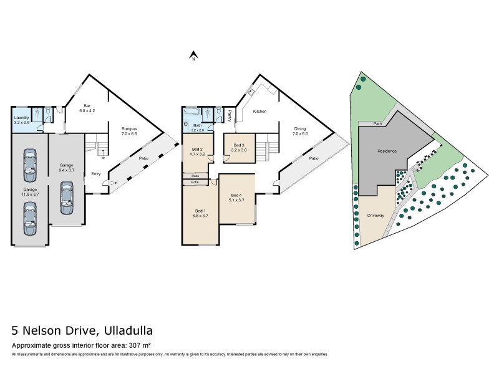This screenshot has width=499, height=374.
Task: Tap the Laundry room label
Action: pyautogui.click(x=22, y=118)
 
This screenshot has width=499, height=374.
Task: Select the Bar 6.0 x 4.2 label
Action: pyautogui.click(x=87, y=108)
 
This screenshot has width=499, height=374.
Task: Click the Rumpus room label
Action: pyautogui.click(x=129, y=131)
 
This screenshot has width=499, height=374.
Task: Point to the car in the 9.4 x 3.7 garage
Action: pyautogui.click(x=65, y=198)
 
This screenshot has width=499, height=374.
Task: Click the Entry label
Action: pyautogui.click(x=96, y=174)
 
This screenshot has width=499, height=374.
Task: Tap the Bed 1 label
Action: pyautogui.click(x=199, y=213)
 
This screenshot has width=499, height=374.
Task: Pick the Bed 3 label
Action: pyautogui.click(x=239, y=148)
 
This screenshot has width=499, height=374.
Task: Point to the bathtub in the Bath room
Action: pyautogui.click(x=194, y=112)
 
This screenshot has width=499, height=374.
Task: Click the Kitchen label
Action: pyautogui.click(x=260, y=112)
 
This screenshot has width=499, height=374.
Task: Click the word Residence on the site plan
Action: pyautogui.click(x=387, y=151)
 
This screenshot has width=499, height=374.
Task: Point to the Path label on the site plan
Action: pyautogui.click(x=377, y=123)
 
